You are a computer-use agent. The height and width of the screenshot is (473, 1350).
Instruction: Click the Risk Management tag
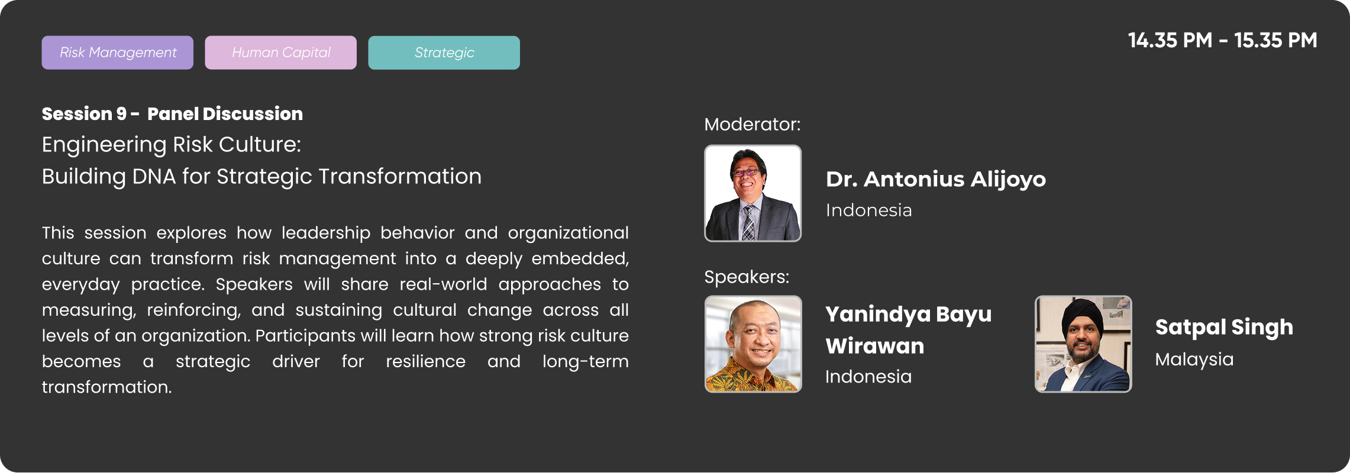[117, 53]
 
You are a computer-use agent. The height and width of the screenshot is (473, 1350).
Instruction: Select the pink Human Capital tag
[280, 53]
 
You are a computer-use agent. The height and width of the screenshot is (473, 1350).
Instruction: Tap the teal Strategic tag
[444, 53]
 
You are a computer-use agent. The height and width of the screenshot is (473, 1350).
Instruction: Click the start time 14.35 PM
[1170, 40]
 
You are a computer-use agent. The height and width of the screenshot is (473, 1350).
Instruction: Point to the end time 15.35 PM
[1275, 40]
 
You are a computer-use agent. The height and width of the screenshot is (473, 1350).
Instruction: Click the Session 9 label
[84, 114]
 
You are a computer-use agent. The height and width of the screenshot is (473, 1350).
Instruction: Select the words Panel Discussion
[225, 114]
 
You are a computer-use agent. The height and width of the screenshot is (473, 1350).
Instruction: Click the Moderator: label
[752, 124]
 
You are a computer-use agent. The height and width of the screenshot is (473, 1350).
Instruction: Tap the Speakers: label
[747, 277]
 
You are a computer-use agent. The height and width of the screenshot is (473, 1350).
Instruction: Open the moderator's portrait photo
[752, 193]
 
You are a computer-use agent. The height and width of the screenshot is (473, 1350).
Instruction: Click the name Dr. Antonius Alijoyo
[935, 179]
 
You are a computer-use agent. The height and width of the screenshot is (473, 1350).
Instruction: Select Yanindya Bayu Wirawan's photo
[753, 344]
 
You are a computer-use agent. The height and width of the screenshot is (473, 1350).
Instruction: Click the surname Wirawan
[874, 346]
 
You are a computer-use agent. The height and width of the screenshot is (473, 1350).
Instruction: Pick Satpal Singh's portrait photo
[1083, 344]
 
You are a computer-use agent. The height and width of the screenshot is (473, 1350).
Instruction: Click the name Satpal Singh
[1224, 328]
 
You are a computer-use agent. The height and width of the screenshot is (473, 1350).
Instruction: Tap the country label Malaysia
[1194, 359]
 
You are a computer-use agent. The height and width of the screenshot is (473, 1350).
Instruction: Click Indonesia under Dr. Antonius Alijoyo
[868, 210]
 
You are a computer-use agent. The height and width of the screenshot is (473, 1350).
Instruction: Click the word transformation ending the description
[106, 387]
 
